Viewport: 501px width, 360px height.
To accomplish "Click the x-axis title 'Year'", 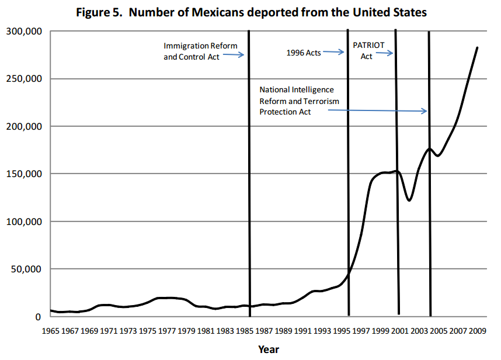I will pos(269,349).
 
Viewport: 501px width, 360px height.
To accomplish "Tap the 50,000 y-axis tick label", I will pos(26,269).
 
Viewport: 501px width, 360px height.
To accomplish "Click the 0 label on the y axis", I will pos(38,317).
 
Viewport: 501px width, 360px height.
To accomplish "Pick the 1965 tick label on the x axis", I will pos(50,331).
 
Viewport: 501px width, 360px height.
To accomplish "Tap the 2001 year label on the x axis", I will pos(399,331).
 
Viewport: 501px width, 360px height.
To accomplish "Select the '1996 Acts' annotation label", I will pos(304,53).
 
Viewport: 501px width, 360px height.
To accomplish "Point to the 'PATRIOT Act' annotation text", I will pos(367,50).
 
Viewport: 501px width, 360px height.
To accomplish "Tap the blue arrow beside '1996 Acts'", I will pos(334,52).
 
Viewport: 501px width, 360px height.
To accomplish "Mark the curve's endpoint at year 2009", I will pos(477,48).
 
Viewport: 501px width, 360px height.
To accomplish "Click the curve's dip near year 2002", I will pos(409,200).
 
